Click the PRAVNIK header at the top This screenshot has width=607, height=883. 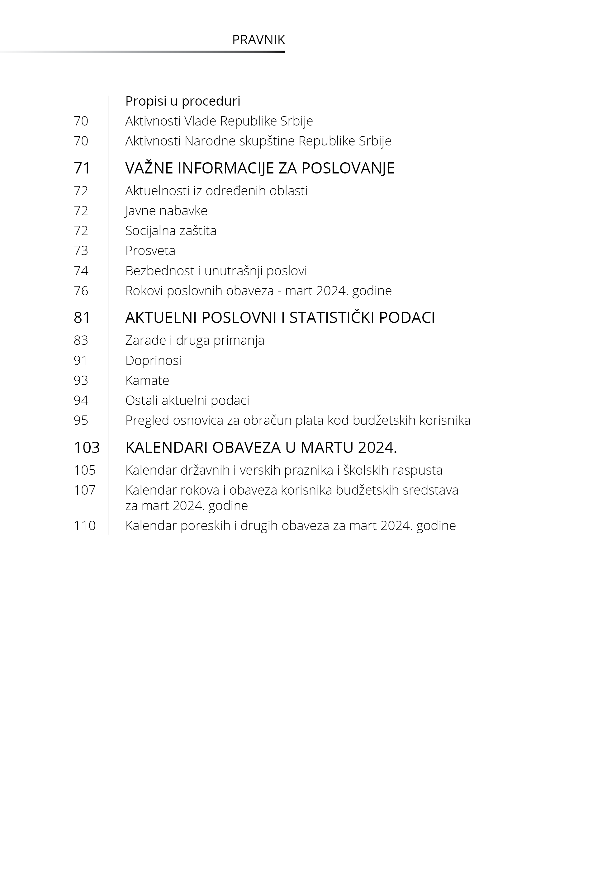click(x=258, y=40)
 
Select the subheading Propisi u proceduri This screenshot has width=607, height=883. click(x=183, y=101)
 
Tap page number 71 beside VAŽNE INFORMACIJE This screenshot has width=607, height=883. click(x=82, y=168)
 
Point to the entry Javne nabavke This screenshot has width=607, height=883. click(x=166, y=211)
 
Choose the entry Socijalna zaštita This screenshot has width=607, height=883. click(x=171, y=231)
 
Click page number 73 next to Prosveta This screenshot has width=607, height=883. click(x=81, y=251)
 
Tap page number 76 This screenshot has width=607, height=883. click(x=81, y=291)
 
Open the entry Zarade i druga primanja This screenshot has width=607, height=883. click(x=195, y=340)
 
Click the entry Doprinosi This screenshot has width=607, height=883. click(x=153, y=360)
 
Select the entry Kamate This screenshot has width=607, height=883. click(x=147, y=380)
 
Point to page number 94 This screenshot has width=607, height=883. click(x=81, y=401)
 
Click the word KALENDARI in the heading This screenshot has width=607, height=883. click(x=166, y=448)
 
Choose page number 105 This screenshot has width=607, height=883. click(x=84, y=470)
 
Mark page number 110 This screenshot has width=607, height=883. click(x=84, y=525)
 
